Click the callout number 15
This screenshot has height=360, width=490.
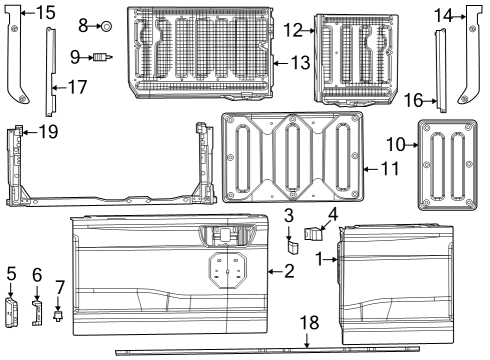[x=46, y=13]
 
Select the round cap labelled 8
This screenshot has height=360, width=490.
[x=106, y=22]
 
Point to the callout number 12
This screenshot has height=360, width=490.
[x=292, y=31]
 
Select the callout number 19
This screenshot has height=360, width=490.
[x=46, y=130]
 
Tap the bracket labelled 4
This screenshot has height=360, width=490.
[x=315, y=237]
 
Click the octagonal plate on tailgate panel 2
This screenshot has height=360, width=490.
[x=229, y=267]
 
